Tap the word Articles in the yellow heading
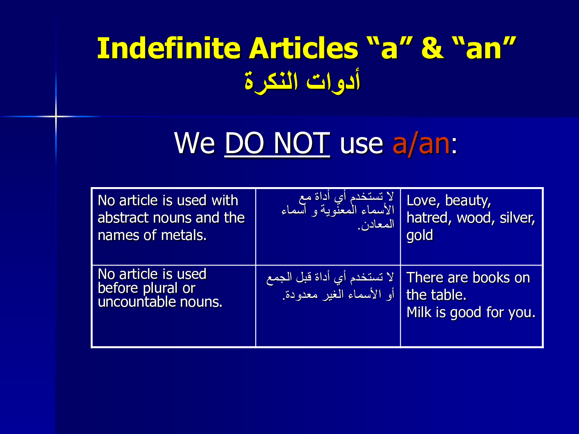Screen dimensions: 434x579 (304, 49)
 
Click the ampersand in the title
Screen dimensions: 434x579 (432, 49)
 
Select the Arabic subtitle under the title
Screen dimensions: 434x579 (302, 81)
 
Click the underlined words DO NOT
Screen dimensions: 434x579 (277, 144)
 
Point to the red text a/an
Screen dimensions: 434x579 (421, 144)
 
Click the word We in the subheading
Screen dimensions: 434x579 (194, 144)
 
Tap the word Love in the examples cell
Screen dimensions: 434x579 (422, 201)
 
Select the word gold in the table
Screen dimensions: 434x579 (420, 235)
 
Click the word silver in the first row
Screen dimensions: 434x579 (517, 218)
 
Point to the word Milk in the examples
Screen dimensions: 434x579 (419, 312)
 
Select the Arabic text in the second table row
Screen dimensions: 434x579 (330, 286)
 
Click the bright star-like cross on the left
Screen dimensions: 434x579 (56, 116)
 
